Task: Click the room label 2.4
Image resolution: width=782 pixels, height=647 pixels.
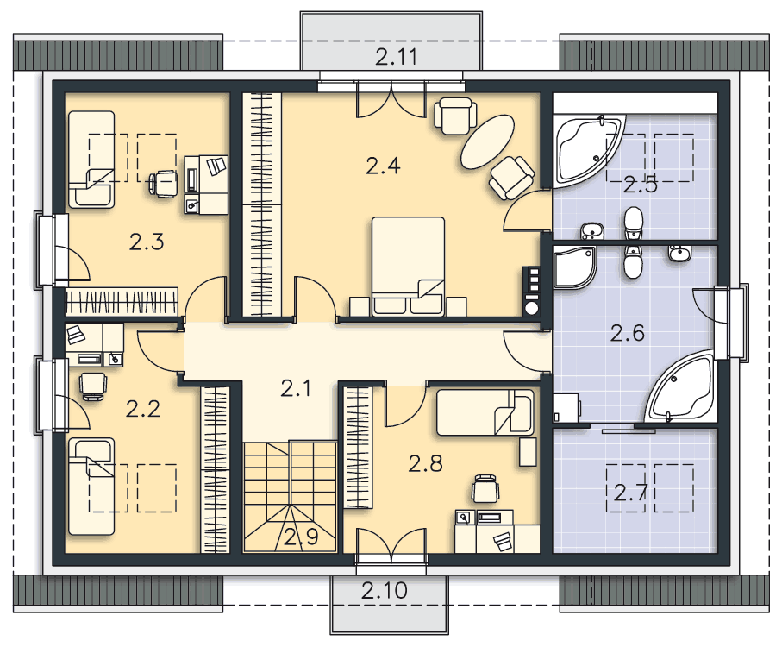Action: (x=383, y=166)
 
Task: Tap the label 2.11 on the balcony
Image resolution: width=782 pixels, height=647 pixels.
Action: (x=397, y=57)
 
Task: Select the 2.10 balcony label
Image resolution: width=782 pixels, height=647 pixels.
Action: (x=384, y=591)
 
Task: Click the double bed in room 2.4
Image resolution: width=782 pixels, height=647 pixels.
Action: (x=408, y=266)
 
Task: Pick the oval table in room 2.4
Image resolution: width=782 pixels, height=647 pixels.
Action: (x=487, y=141)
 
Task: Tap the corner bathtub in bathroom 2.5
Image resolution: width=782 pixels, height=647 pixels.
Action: (x=589, y=149)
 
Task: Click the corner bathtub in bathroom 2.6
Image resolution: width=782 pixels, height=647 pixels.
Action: (x=681, y=386)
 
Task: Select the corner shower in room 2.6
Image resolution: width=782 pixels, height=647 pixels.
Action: (x=574, y=267)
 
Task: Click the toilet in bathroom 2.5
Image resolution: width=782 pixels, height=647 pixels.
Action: (x=634, y=223)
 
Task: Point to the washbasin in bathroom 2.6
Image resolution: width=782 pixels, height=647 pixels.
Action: (x=679, y=253)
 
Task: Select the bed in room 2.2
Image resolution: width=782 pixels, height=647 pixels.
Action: (x=91, y=487)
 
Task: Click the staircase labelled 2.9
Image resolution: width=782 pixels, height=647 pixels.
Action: (x=290, y=496)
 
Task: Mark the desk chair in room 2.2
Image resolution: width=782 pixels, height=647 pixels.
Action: (x=93, y=386)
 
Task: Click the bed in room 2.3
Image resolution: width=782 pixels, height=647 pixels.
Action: (x=91, y=159)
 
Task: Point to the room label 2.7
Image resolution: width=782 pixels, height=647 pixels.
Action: (x=630, y=493)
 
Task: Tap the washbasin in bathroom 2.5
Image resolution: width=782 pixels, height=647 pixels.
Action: (x=592, y=231)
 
